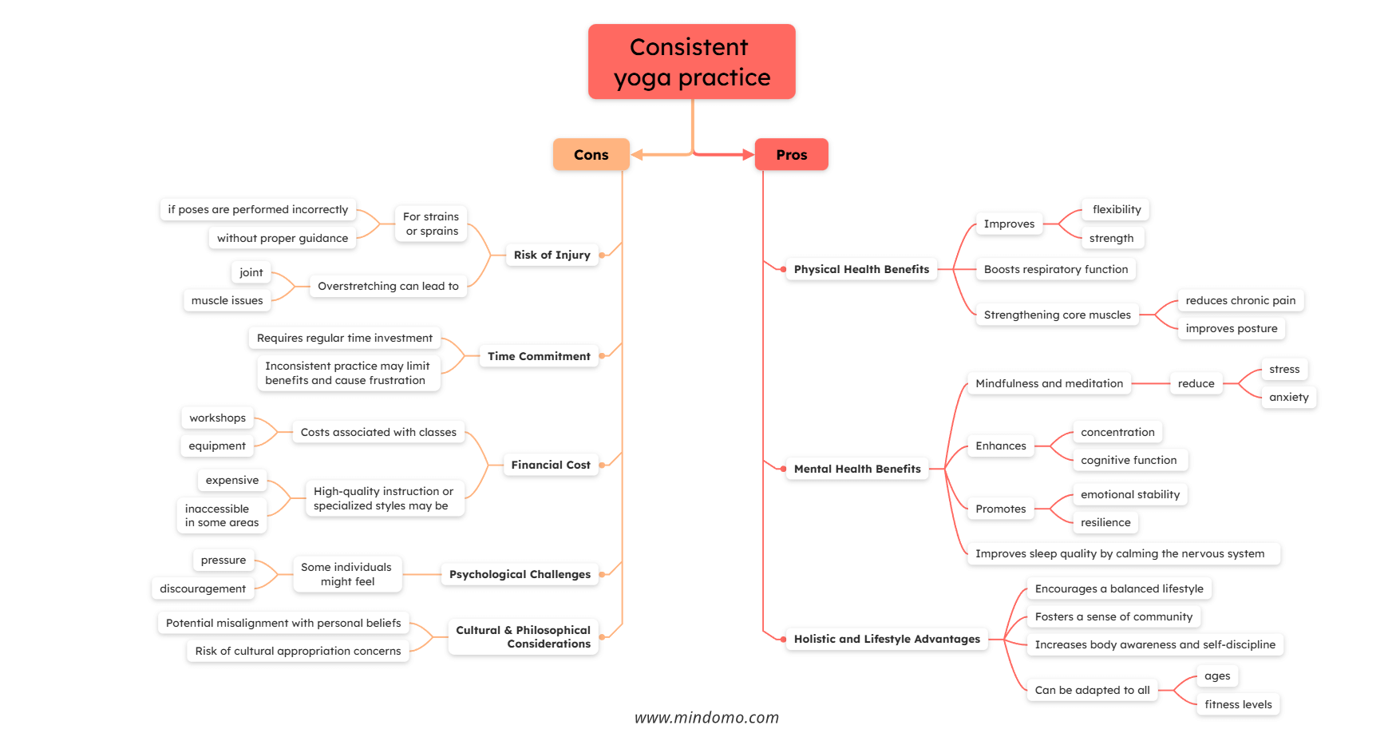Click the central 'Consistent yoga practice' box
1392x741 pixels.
691,61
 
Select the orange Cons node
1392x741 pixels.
591,155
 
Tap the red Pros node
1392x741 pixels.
791,155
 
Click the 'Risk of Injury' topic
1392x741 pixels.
552,255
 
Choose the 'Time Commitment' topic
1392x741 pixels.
539,356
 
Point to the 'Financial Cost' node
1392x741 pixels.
550,465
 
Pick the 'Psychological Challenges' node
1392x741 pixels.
520,574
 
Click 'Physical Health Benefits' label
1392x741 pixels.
861,269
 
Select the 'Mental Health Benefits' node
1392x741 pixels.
857,469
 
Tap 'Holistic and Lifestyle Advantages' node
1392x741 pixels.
887,639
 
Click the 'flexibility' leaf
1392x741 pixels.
1117,209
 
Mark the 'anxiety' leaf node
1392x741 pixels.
1288,397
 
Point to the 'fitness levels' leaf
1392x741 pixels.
1238,704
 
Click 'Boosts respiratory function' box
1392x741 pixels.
1056,269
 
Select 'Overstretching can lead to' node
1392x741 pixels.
388,286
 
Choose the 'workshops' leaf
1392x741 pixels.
217,418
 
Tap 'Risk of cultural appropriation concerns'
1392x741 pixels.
298,651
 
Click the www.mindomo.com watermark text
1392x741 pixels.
706,718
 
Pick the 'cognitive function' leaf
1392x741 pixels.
1129,460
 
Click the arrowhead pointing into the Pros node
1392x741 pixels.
748,154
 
